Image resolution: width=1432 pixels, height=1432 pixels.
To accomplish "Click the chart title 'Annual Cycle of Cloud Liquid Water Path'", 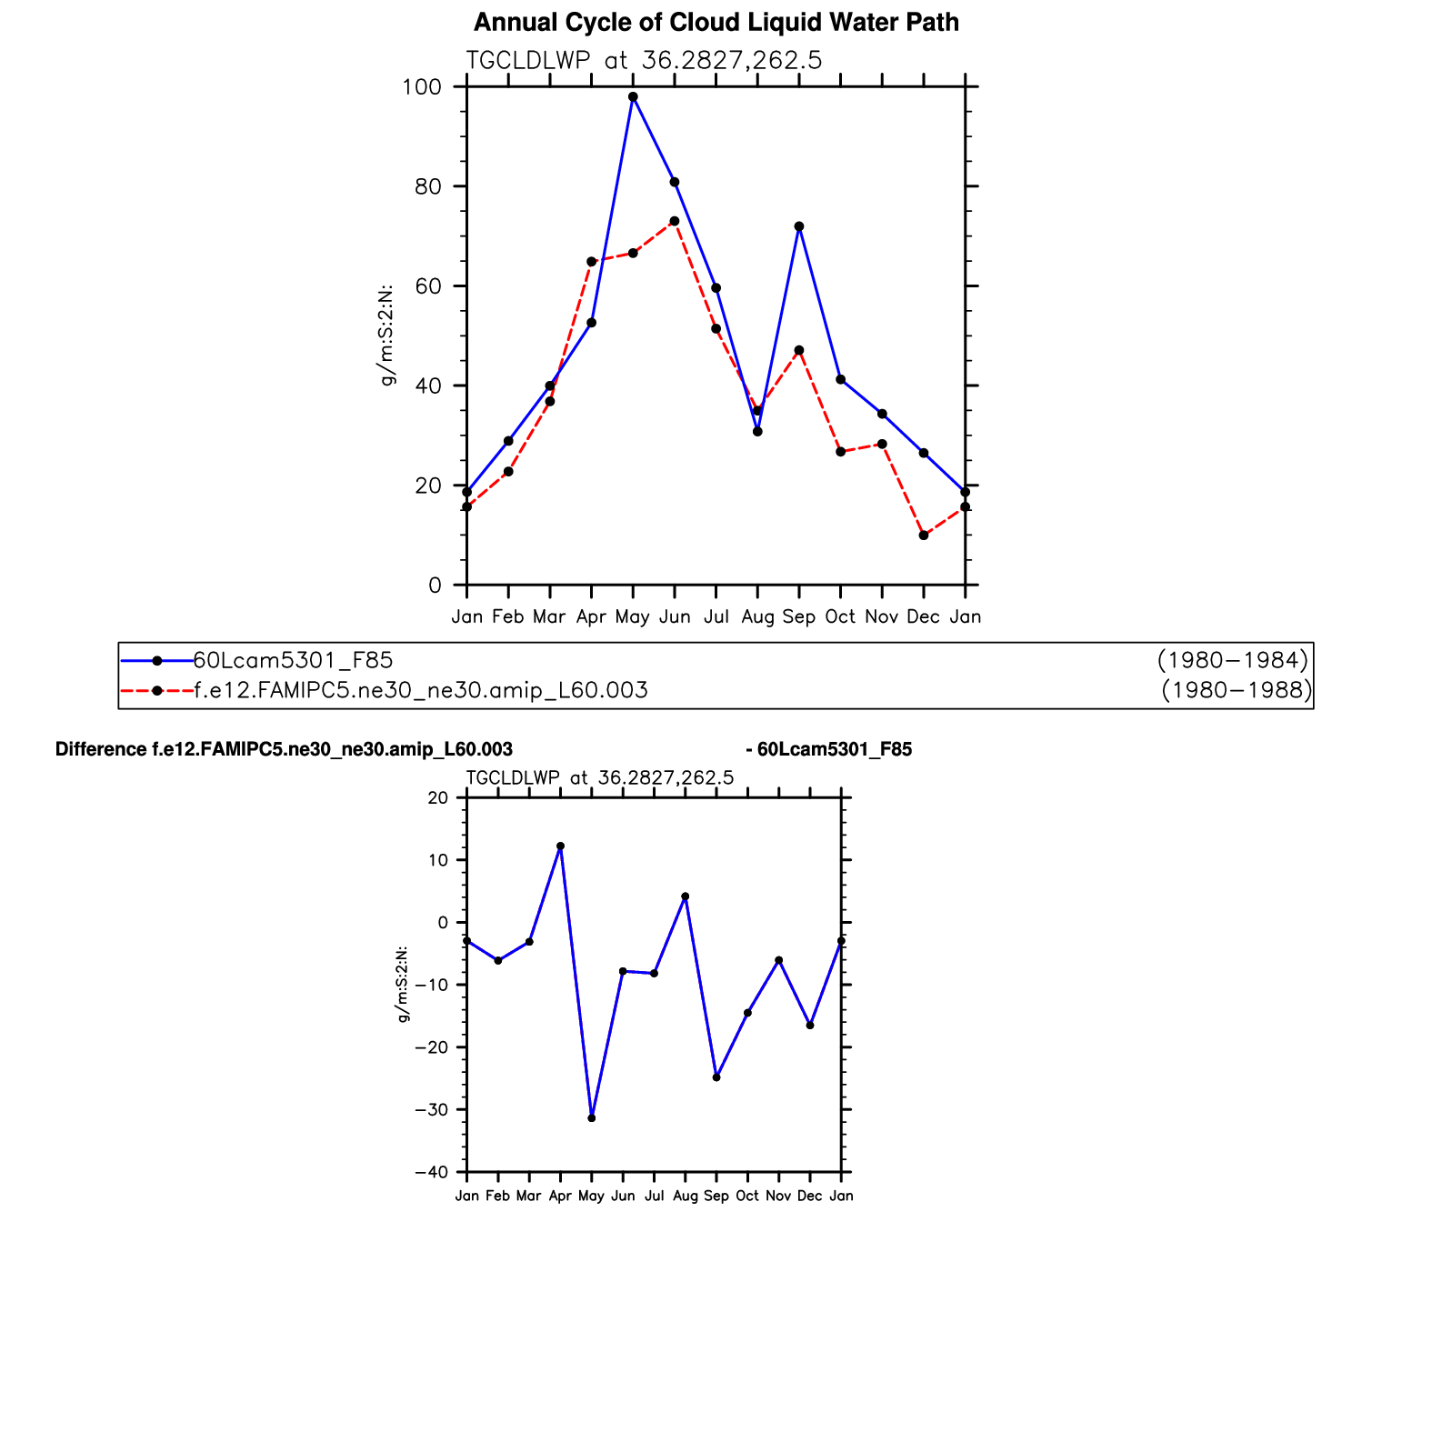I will point(716,23).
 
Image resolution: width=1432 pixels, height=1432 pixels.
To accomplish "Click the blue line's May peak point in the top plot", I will point(633,97).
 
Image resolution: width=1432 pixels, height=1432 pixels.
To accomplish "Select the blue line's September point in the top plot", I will point(799,226).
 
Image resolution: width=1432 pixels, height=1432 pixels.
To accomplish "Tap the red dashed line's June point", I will point(675,221).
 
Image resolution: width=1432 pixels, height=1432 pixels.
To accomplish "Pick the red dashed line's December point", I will point(924,536).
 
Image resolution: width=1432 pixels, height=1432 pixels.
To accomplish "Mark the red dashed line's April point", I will point(591,262).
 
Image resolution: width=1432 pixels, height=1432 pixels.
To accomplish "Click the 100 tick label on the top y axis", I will point(422,87).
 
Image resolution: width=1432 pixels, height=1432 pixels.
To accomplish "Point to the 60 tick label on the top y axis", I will point(428,286).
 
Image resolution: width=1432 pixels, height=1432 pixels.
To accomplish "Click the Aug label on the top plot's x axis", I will point(757,617).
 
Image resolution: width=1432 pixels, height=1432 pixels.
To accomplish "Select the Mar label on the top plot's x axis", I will point(549,617).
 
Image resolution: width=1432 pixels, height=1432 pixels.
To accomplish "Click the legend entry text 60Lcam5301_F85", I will point(293,660).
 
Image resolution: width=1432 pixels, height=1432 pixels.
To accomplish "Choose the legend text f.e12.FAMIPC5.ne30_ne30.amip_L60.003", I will point(421,691).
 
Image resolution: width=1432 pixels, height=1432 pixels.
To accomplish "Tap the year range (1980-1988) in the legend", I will point(1237,691).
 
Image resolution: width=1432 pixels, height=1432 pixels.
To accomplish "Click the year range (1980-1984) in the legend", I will point(1233,660).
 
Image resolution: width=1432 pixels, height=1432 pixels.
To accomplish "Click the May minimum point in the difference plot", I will point(592,1117).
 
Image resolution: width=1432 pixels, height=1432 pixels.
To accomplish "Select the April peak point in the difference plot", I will point(560,846).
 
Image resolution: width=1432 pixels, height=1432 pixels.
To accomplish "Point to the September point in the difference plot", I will point(716,1077).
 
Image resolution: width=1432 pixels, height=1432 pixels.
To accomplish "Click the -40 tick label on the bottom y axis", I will point(432,1173).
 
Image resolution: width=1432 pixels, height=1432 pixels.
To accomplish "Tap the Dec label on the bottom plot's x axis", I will point(809,1197).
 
